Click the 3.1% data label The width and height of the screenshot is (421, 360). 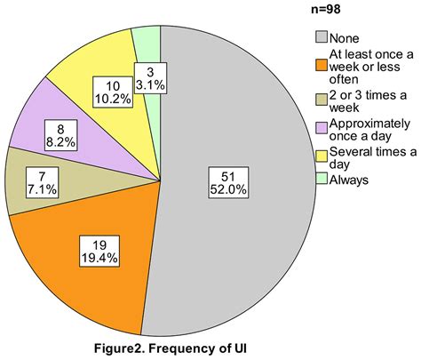pos(147,76)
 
